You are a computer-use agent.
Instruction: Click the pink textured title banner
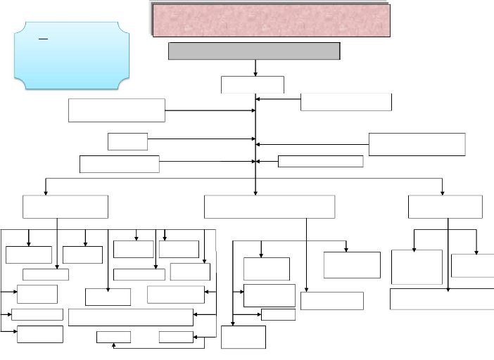click(x=271, y=19)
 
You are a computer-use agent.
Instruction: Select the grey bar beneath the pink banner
click(x=253, y=51)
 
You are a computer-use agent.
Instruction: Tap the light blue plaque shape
click(x=75, y=55)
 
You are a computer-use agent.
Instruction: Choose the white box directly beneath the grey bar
click(x=253, y=84)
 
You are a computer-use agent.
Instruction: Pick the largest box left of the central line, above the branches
click(x=117, y=110)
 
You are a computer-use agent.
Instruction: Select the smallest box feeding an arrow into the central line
click(x=127, y=141)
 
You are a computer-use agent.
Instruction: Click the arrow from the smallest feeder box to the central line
click(x=201, y=139)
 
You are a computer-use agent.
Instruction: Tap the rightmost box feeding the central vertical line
click(x=417, y=143)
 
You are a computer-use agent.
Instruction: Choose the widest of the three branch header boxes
click(x=269, y=207)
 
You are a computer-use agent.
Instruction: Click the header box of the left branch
click(x=65, y=207)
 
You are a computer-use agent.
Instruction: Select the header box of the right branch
click(x=445, y=207)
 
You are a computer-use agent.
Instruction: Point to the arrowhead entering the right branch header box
click(x=443, y=192)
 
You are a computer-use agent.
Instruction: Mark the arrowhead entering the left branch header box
click(x=47, y=192)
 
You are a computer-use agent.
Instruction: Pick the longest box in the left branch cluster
click(x=131, y=316)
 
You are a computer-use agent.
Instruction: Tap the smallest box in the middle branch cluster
click(x=277, y=315)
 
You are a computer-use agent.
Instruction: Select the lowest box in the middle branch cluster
click(x=243, y=337)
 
